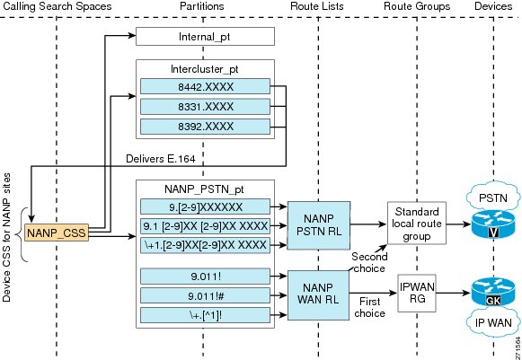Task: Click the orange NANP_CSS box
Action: (57, 233)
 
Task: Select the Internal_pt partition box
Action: (205, 36)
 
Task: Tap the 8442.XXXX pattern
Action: (205, 86)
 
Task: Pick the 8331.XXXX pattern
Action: (205, 107)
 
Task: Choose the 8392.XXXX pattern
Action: (205, 127)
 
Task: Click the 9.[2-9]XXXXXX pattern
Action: (205, 206)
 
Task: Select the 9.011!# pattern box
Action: (205, 295)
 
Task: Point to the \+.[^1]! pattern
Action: (205, 315)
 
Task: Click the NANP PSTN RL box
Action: (319, 225)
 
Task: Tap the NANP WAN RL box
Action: (318, 295)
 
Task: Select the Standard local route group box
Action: (417, 223)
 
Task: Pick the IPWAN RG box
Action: (417, 294)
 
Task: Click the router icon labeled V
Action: (493, 225)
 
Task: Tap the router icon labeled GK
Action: (493, 293)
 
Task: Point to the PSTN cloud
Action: (493, 197)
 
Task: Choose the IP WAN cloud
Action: (493, 322)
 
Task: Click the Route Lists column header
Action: (317, 6)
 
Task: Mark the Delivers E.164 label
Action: (161, 159)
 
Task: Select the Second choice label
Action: (369, 262)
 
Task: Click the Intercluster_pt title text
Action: (205, 69)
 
